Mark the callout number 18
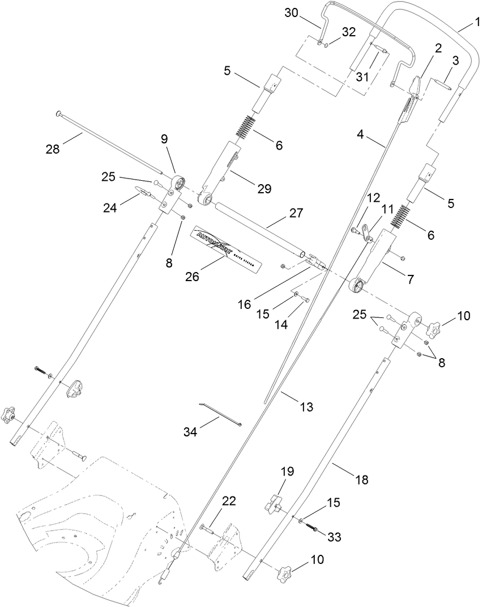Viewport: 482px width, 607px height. pos(361,480)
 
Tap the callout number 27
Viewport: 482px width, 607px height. pos(296,213)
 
